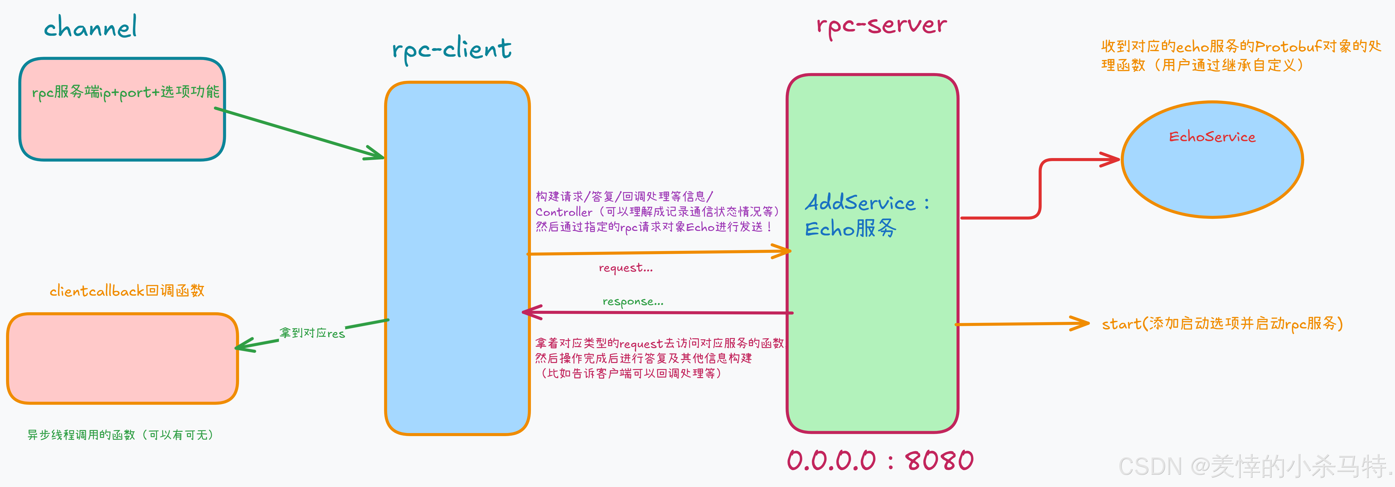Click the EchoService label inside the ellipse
[1212, 137]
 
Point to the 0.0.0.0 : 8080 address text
[880, 461]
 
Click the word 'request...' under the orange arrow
[626, 268]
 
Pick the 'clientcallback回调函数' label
[127, 291]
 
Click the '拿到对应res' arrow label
[312, 333]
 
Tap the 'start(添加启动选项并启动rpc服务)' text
[1222, 324]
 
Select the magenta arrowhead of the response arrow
[528, 312]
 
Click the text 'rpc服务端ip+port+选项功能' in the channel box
[126, 92]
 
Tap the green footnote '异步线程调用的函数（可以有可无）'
[120, 435]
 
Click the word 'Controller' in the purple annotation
[564, 212]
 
